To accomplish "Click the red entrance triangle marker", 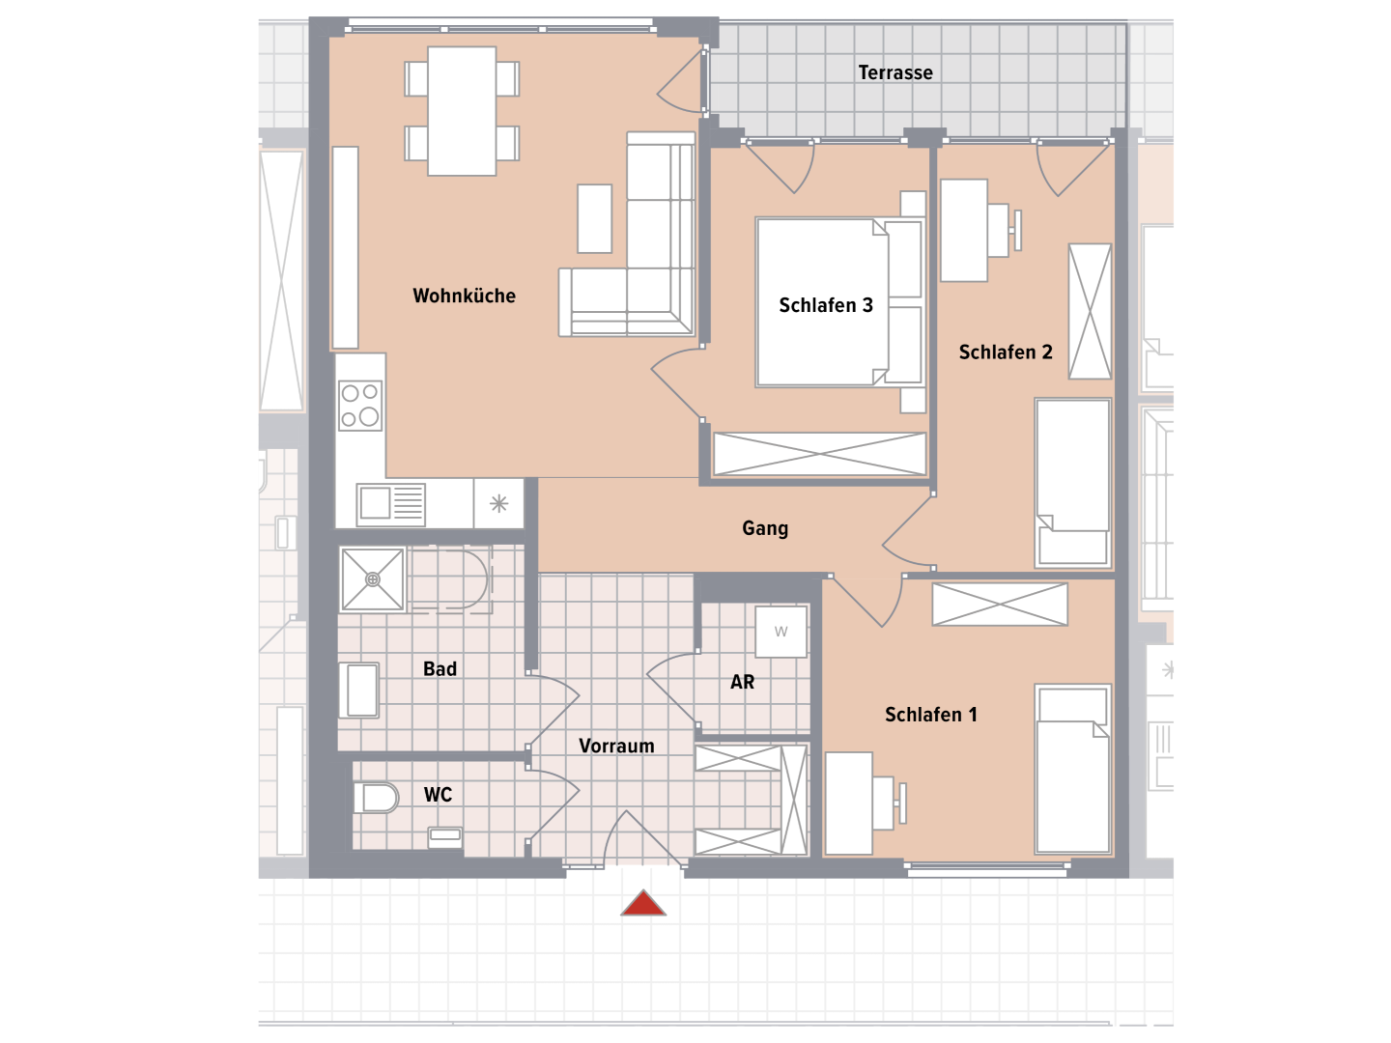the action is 642,903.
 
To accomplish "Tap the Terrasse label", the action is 894,72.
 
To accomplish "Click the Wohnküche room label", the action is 464,296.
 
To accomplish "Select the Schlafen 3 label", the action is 826,305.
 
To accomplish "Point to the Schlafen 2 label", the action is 1005,352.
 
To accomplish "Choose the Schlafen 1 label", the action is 931,715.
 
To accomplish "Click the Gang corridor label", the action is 765,528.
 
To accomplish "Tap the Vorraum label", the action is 616,746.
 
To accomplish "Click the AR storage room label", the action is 742,682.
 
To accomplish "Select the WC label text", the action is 438,795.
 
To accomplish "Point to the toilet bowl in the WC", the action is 375,798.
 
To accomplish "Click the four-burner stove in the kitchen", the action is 360,406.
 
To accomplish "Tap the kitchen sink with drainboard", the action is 390,505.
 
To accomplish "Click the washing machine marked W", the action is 781,632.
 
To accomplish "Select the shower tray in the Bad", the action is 372,579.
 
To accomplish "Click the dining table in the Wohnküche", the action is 462,111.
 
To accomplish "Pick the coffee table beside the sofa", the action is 594,218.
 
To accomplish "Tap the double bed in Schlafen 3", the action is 839,302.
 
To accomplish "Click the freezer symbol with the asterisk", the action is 498,503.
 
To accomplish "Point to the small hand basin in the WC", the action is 445,836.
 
